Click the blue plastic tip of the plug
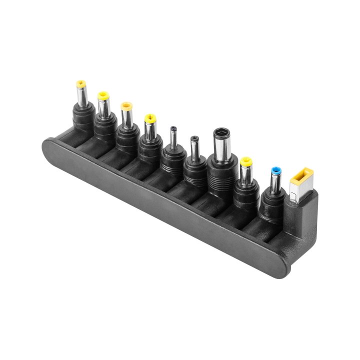[274, 171]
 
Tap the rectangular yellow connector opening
[301, 176]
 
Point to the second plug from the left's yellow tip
[103, 94]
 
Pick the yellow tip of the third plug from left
[126, 106]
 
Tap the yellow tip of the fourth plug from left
[149, 119]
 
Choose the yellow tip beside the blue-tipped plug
[246, 162]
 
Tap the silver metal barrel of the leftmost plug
[81, 95]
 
